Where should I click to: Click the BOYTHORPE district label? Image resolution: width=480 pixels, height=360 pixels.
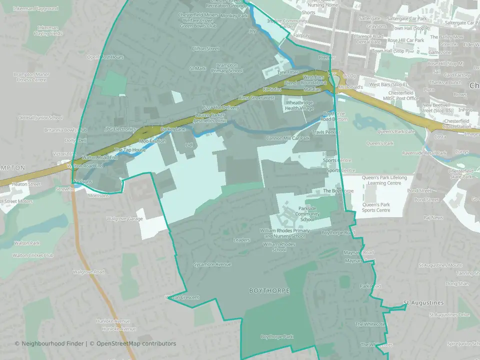[269, 290]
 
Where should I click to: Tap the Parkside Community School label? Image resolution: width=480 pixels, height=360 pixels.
[307, 213]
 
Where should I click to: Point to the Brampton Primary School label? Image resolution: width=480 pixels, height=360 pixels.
[229, 68]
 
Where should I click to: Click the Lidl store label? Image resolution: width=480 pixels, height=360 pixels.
[188, 145]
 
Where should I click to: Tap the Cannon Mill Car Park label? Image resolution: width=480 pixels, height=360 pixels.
[288, 138]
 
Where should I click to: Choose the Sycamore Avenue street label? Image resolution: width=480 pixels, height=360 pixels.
[212, 264]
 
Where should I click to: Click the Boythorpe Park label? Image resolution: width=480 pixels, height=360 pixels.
[276, 337]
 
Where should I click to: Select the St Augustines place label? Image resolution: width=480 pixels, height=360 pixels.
[423, 303]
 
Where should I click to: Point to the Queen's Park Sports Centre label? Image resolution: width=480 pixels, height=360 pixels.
[376, 207]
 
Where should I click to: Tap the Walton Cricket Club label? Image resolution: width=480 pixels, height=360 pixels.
[33, 255]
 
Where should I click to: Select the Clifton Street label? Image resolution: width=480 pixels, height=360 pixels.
[205, 49]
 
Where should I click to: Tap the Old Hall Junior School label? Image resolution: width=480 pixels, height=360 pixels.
[40, 118]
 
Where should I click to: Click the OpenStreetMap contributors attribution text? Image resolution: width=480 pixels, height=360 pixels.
[136, 343]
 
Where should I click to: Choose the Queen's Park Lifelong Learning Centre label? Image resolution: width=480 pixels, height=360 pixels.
[384, 180]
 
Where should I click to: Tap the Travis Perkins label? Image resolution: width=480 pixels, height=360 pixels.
[325, 132]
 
